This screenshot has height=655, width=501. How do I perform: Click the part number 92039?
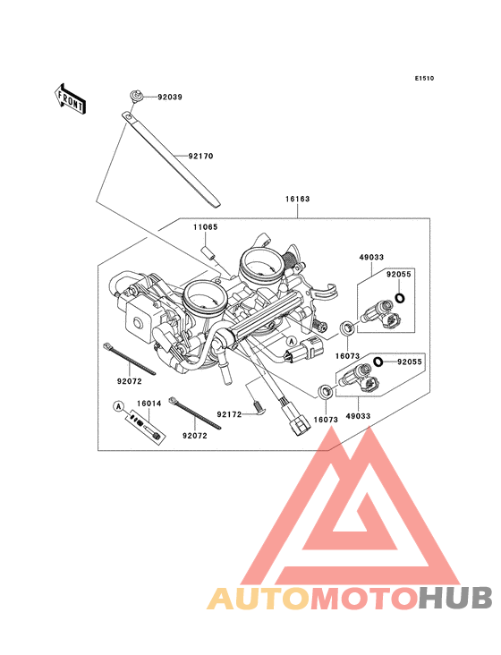click(170, 97)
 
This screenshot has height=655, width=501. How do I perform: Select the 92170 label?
click(200, 156)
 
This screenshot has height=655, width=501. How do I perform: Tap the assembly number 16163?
click(298, 199)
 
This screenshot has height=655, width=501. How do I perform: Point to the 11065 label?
click(206, 228)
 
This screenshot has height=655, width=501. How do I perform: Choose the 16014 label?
click(149, 404)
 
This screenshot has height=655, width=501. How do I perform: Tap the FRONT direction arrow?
click(71, 98)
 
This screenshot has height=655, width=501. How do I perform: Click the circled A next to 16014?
click(117, 405)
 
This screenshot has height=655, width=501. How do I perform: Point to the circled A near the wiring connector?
click(292, 342)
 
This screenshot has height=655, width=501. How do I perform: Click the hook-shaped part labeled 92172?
click(257, 407)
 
